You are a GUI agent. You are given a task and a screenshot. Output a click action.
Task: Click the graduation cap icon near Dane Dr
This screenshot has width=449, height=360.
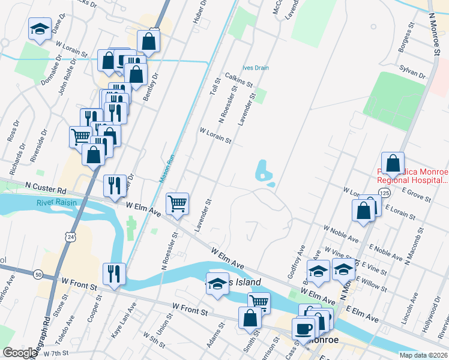(x=40, y=29)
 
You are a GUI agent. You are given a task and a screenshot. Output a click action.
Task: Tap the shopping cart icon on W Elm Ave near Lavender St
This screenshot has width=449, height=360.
(x=178, y=204)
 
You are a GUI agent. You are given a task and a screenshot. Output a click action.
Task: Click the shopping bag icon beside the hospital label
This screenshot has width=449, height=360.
(x=393, y=163)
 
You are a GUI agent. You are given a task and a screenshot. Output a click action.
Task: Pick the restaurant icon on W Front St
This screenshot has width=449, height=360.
(x=114, y=274)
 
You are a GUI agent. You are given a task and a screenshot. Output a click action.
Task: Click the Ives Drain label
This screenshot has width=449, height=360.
(x=255, y=68)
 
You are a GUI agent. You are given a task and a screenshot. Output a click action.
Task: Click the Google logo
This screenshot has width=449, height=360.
(x=20, y=353)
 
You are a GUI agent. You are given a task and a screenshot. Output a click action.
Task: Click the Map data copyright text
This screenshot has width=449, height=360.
(x=423, y=355)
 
